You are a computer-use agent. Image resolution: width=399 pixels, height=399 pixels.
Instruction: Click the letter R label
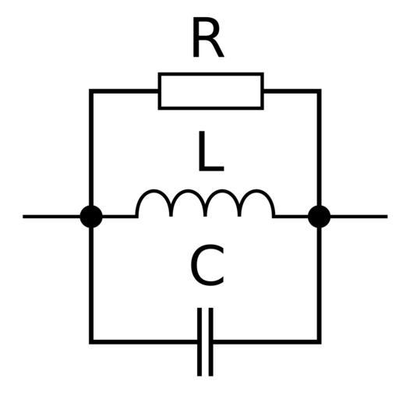(x=207, y=37)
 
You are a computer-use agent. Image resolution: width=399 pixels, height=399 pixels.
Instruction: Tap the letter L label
(x=210, y=151)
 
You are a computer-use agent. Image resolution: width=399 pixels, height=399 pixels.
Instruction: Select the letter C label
(x=207, y=265)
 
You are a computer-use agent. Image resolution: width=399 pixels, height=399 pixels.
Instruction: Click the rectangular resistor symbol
(x=211, y=91)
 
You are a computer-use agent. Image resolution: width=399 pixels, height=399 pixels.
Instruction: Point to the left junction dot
(x=91, y=217)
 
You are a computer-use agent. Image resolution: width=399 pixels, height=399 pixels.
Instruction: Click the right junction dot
(x=320, y=217)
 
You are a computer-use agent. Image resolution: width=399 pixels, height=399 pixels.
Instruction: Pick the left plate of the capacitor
(x=199, y=342)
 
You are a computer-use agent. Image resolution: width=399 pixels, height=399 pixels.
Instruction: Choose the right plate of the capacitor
(x=211, y=342)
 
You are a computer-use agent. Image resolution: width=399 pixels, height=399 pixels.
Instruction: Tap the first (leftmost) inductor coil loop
(x=154, y=192)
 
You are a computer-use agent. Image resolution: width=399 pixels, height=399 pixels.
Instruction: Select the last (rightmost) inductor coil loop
(x=256, y=192)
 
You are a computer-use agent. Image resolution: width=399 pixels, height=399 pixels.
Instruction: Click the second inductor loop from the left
(x=188, y=192)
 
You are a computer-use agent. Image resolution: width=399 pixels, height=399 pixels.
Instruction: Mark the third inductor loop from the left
(x=222, y=192)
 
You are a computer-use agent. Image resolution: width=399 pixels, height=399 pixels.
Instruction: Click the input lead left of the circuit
(x=51, y=217)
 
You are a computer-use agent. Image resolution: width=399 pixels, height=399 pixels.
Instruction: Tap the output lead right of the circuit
(x=358, y=217)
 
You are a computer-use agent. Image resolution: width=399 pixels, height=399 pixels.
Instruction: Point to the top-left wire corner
(x=91, y=91)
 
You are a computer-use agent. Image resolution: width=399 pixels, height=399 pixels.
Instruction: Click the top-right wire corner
(x=320, y=91)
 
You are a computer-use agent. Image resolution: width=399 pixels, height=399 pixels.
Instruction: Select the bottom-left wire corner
(x=91, y=342)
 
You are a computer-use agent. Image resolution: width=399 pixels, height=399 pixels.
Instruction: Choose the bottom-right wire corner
(x=320, y=342)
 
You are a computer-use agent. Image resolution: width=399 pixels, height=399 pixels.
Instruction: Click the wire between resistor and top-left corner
(x=125, y=91)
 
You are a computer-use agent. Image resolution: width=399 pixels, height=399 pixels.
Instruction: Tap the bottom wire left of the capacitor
(x=144, y=342)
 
